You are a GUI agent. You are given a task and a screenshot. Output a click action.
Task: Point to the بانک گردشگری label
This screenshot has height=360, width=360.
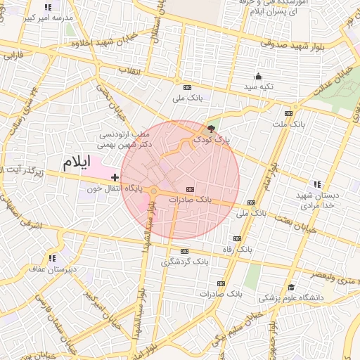coord(185,262)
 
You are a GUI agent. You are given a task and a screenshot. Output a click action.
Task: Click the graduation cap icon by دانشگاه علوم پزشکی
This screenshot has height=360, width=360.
coord(291,287)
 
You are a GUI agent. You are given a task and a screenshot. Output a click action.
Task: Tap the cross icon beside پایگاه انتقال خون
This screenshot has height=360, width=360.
coord(115,178)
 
